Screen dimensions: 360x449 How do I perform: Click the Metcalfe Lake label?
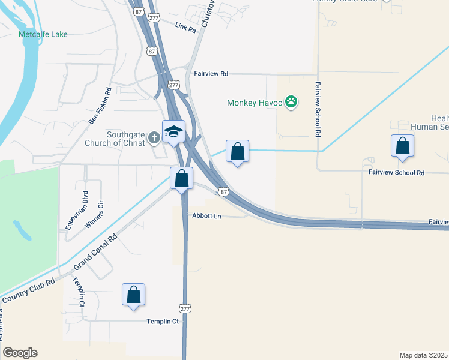point(43,34)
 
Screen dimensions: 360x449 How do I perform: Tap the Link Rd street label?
point(186,28)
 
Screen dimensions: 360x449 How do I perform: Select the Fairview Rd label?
point(211,74)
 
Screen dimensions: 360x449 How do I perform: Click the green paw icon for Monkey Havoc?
point(291,103)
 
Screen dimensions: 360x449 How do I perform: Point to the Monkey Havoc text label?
point(255,103)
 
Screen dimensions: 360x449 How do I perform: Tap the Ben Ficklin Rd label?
point(100,106)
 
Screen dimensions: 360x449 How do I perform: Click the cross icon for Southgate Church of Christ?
point(154,137)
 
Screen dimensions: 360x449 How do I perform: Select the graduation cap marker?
point(173,131)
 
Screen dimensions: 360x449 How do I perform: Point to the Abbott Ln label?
point(207,216)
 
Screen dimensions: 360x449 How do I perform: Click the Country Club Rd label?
point(28,290)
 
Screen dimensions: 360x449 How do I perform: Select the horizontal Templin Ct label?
point(163,322)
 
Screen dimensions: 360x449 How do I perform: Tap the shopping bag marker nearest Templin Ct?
point(133,295)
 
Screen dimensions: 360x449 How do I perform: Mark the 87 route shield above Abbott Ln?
point(223,191)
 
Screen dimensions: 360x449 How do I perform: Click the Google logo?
point(20,353)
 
